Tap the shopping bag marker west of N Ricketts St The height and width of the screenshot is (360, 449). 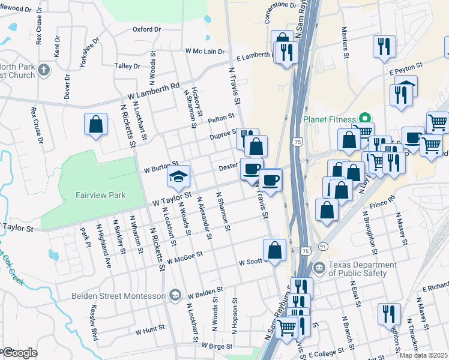(x=96, y=125)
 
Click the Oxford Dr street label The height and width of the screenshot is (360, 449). (x=147, y=29)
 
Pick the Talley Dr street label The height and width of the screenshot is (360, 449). (x=127, y=66)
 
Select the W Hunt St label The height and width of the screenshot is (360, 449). (x=149, y=330)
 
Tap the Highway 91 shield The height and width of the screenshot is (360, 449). (x=323, y=247)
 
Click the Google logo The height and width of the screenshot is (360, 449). (x=20, y=353)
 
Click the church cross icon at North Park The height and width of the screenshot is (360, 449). (x=43, y=71)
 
